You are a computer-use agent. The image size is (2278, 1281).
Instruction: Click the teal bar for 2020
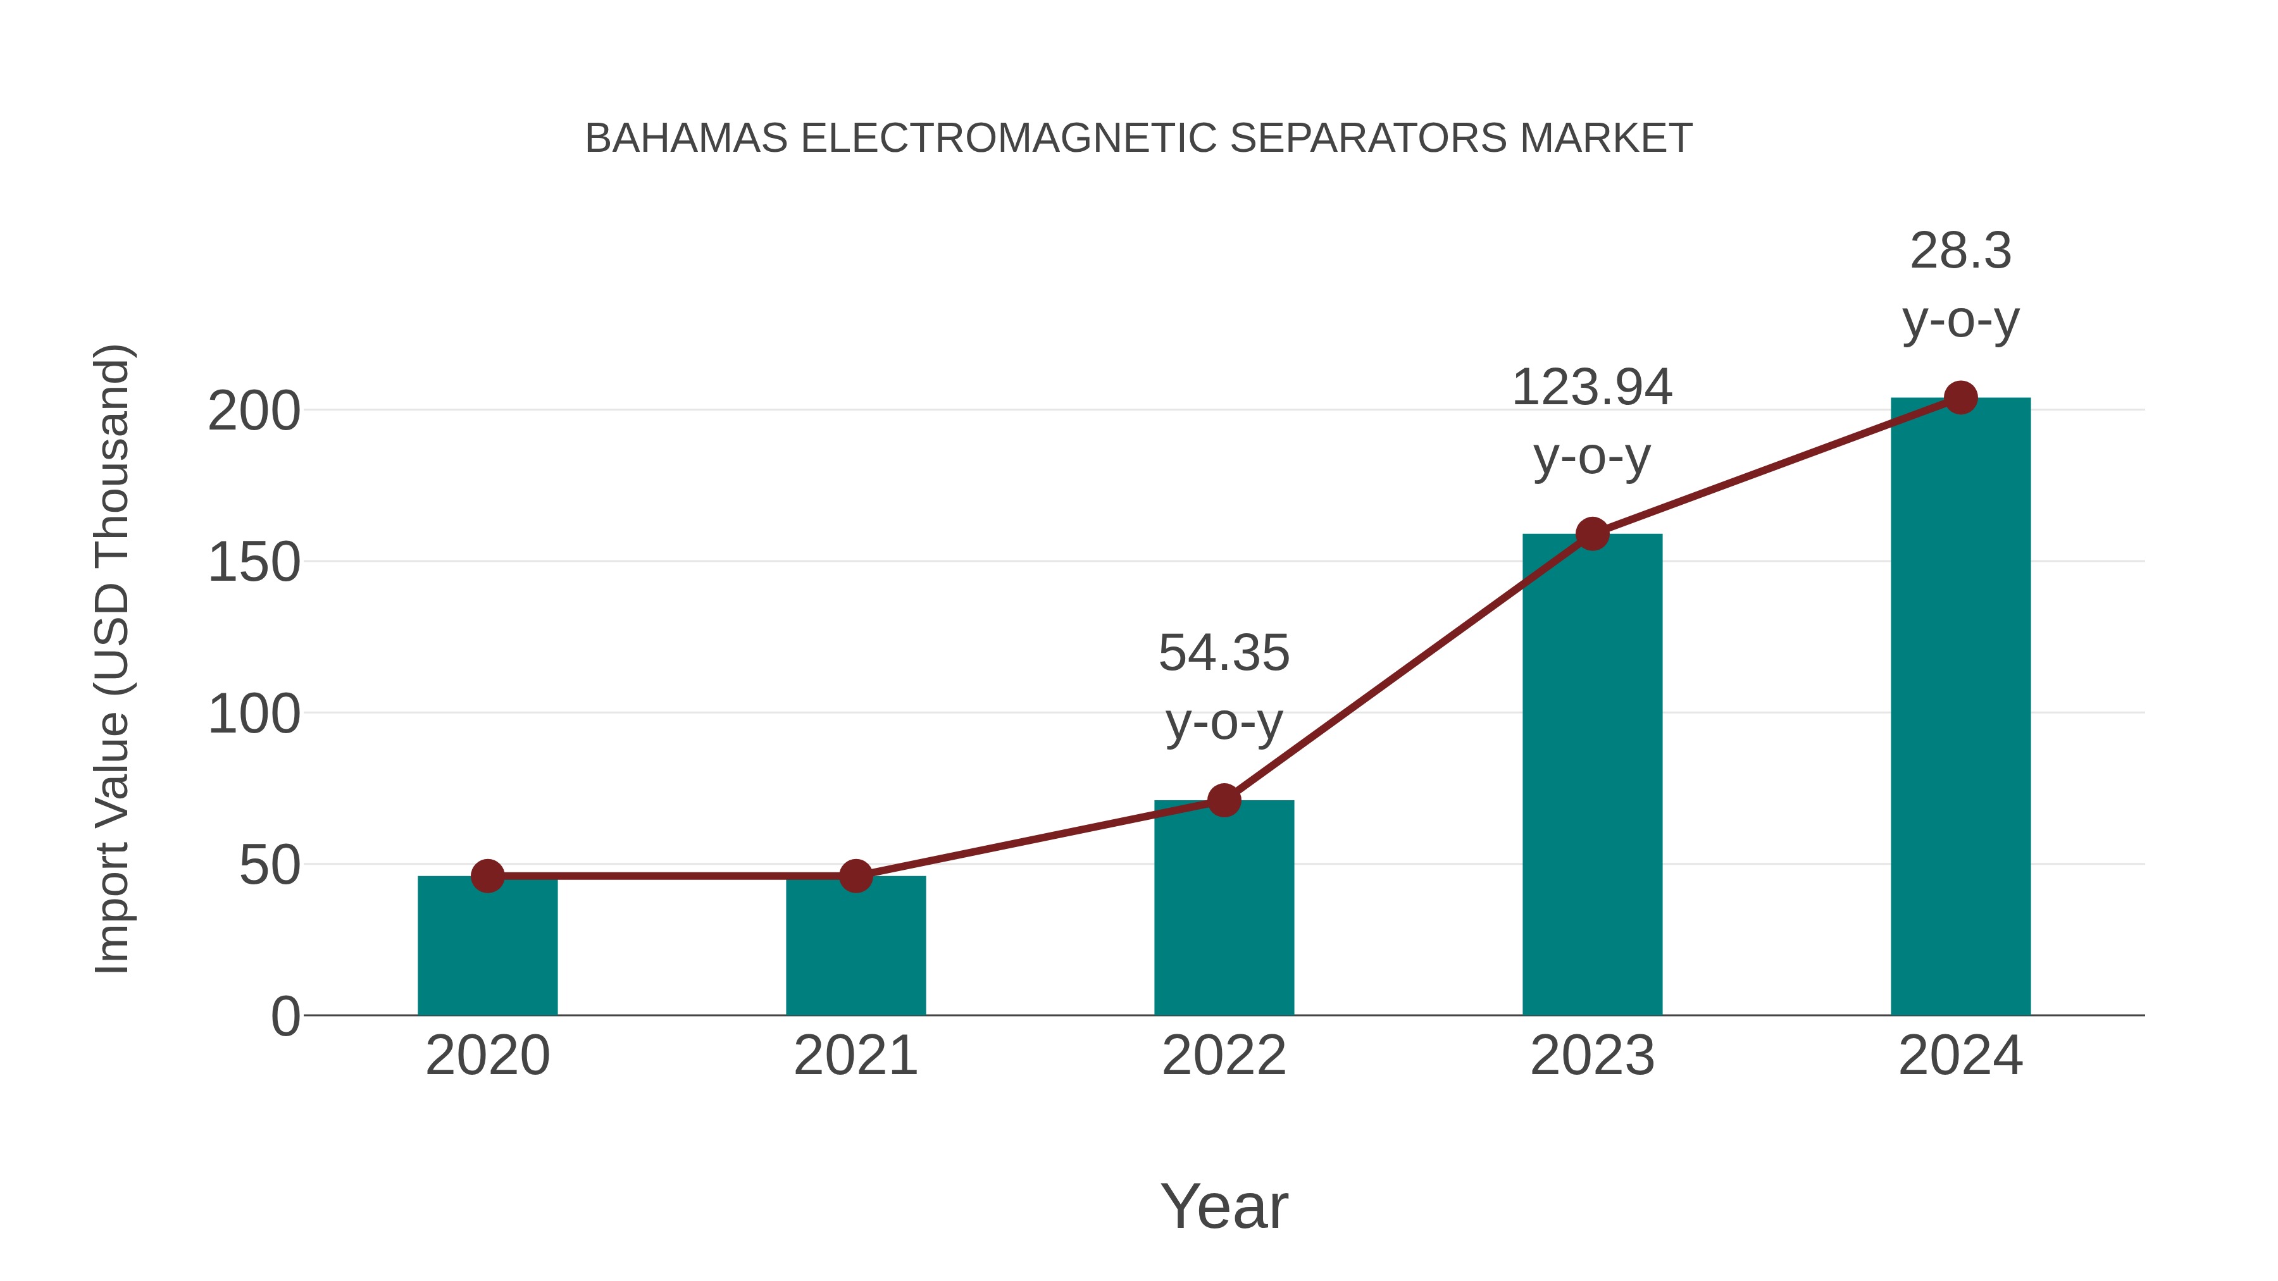(487, 950)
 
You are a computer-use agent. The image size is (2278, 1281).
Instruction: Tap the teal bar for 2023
(1592, 778)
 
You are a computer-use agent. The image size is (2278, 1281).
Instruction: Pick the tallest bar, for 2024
(1960, 707)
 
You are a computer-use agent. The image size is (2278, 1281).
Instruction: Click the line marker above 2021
(855, 876)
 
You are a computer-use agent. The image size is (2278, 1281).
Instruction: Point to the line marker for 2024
(1960, 398)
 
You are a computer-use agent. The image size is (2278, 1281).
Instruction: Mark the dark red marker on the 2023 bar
(1592, 534)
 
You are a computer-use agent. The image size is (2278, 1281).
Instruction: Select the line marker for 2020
(487, 876)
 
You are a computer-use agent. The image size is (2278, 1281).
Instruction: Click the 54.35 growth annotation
(1224, 654)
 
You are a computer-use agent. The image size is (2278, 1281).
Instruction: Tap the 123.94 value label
(1592, 388)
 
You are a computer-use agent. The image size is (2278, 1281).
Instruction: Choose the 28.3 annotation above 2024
(1960, 251)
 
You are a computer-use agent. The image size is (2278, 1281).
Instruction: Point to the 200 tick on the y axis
(254, 412)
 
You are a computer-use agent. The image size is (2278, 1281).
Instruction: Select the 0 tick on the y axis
(285, 1017)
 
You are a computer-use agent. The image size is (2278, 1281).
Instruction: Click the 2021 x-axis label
(855, 1056)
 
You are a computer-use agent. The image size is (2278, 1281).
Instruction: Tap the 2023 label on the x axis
(1592, 1056)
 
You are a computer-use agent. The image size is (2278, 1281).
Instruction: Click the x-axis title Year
(1224, 1207)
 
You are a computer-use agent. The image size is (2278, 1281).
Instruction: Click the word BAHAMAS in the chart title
(686, 139)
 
